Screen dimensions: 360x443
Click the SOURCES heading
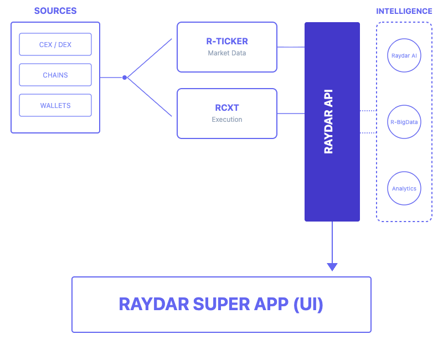click(x=55, y=11)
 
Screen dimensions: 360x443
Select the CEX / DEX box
click(x=55, y=44)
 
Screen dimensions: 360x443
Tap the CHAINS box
click(x=55, y=75)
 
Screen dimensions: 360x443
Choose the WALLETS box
click(x=55, y=105)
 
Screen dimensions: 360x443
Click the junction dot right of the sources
click(x=125, y=78)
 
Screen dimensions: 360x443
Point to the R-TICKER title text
click(x=227, y=41)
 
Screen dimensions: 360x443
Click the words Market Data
click(x=227, y=53)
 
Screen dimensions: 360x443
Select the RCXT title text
click(x=227, y=107)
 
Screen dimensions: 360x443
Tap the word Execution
click(x=227, y=120)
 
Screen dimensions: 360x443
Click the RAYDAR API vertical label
click(x=328, y=122)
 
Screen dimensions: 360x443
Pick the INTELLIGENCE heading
click(x=404, y=11)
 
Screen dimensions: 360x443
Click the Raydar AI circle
click(x=404, y=55)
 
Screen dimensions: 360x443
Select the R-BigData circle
click(x=404, y=122)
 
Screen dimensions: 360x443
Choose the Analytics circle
click(x=404, y=188)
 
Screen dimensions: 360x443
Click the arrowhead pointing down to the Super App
click(x=332, y=267)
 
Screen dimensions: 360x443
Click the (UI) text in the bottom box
click(x=308, y=305)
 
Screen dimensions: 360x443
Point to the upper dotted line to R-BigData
click(x=368, y=111)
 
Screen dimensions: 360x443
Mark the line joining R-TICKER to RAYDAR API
click(x=291, y=47)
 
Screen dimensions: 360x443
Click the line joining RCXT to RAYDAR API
click(x=291, y=114)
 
